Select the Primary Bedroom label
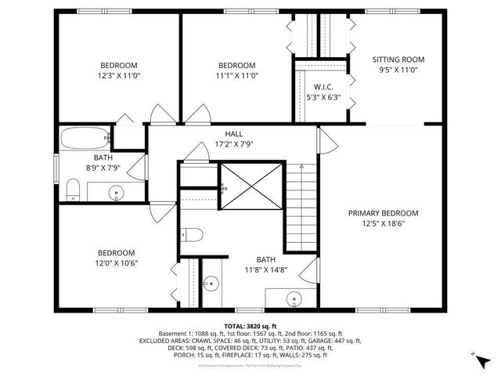(x=383, y=212)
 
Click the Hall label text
(x=234, y=134)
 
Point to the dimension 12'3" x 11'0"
(x=118, y=76)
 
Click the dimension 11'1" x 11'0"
(x=236, y=76)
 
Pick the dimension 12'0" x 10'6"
(x=117, y=263)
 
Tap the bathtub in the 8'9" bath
(x=84, y=139)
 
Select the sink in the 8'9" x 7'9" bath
(x=117, y=190)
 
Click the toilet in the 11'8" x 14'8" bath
(x=193, y=233)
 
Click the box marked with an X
(x=249, y=187)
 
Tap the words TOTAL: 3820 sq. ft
(x=250, y=326)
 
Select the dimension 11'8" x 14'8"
(x=266, y=269)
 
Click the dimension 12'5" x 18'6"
(x=383, y=223)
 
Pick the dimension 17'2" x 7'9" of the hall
(x=234, y=144)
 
